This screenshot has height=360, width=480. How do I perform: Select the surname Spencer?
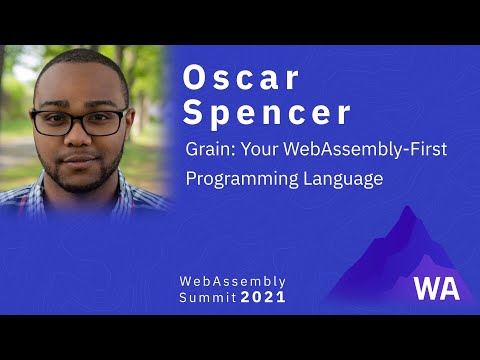[267, 113]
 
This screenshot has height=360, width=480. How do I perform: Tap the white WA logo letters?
[437, 287]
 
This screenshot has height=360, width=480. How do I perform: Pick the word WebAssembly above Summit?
[232, 281]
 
